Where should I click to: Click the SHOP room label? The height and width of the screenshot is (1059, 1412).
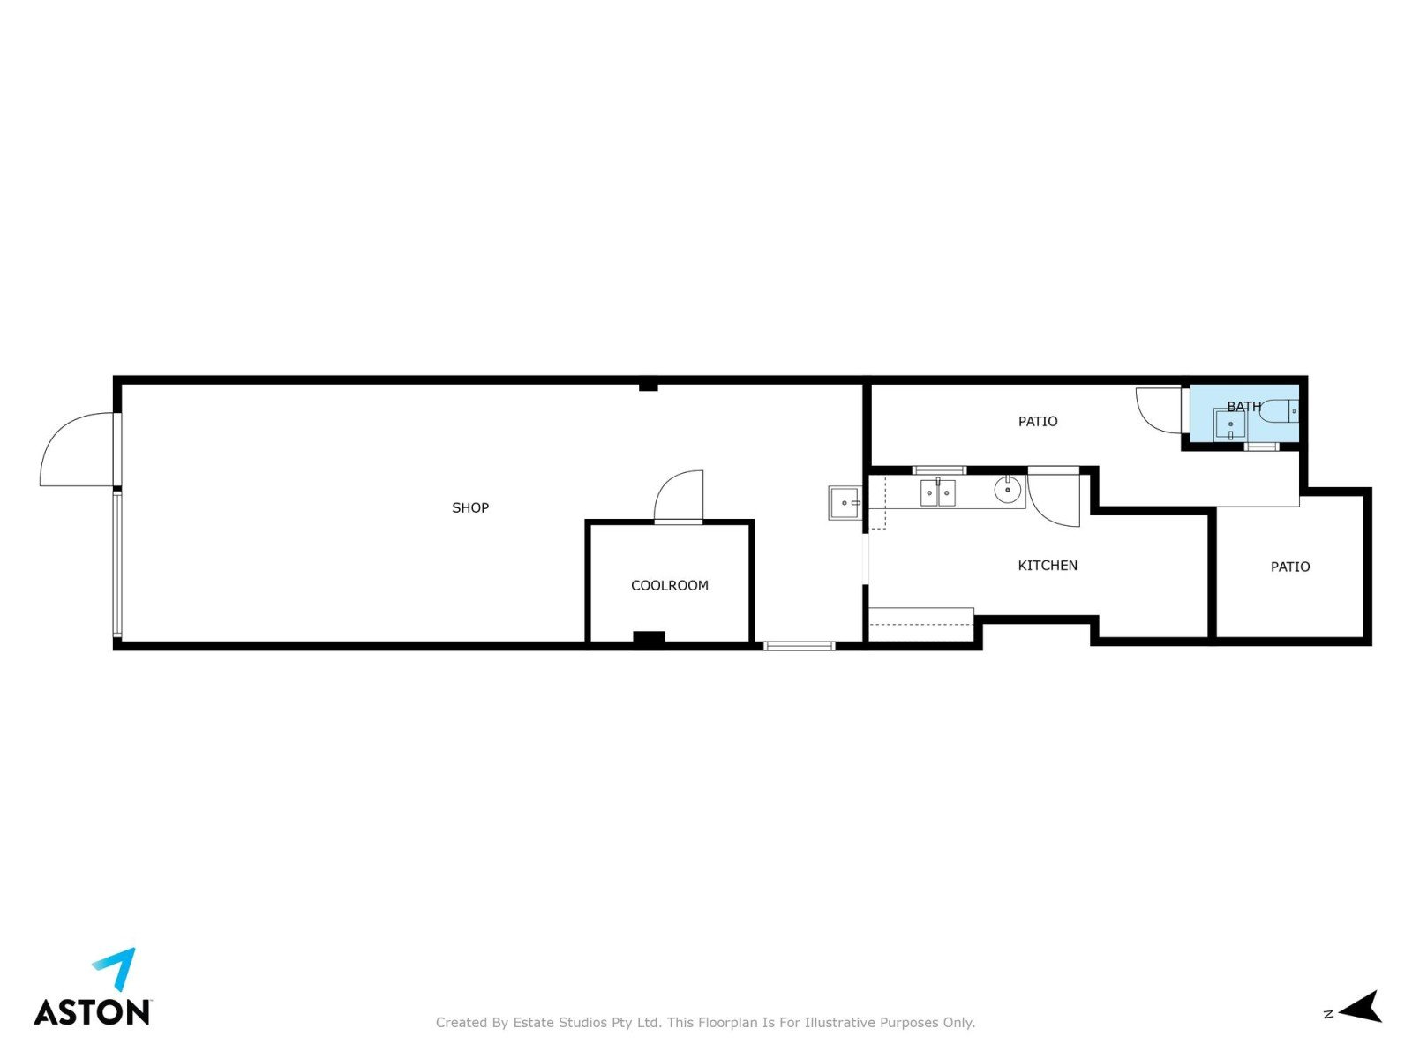tap(470, 508)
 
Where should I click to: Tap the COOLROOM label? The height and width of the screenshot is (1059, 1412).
tap(670, 586)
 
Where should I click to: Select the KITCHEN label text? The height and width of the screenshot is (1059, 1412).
tap(1048, 566)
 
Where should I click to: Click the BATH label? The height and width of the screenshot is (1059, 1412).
tap(1244, 406)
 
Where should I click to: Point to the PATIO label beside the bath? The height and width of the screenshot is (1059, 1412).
tap(1038, 422)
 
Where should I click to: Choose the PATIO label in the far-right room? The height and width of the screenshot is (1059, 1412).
tap(1290, 567)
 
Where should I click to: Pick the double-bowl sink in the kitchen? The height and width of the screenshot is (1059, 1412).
tap(937, 493)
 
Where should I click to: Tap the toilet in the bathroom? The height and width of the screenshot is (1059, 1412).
tap(1278, 411)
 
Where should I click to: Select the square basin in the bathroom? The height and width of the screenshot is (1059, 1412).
tap(1229, 425)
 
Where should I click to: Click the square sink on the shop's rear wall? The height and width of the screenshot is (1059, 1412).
tap(845, 503)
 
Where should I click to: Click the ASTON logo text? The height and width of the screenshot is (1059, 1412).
tap(92, 1012)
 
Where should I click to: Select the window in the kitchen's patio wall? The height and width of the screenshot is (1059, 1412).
tap(939, 470)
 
